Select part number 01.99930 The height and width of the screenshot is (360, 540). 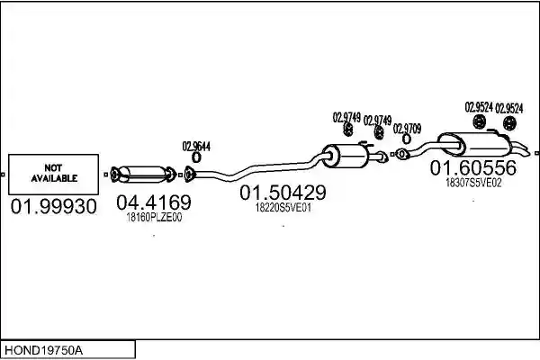(x=54, y=207)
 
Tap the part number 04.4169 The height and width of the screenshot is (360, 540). (x=154, y=202)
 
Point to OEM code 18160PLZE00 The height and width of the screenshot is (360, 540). (x=154, y=218)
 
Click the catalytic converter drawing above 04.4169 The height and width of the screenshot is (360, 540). (x=143, y=175)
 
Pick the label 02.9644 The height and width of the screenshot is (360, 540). (x=196, y=147)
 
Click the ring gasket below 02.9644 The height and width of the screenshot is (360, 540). (x=196, y=157)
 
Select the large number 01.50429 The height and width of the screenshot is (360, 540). (x=283, y=193)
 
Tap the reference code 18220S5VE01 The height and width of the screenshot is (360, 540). (x=283, y=208)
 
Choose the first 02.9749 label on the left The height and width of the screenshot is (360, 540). (x=346, y=118)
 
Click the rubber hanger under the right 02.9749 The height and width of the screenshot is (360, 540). (x=379, y=132)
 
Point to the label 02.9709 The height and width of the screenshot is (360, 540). (x=407, y=129)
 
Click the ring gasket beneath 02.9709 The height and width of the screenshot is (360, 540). (x=407, y=139)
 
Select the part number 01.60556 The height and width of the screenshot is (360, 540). (x=473, y=167)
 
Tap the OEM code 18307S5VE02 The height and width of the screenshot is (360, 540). (x=473, y=183)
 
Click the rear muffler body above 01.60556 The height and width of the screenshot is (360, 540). (x=473, y=144)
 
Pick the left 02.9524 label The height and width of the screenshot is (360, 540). (x=479, y=107)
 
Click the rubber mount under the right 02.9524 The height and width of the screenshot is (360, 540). (x=509, y=123)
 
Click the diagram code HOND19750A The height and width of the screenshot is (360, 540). (x=44, y=350)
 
